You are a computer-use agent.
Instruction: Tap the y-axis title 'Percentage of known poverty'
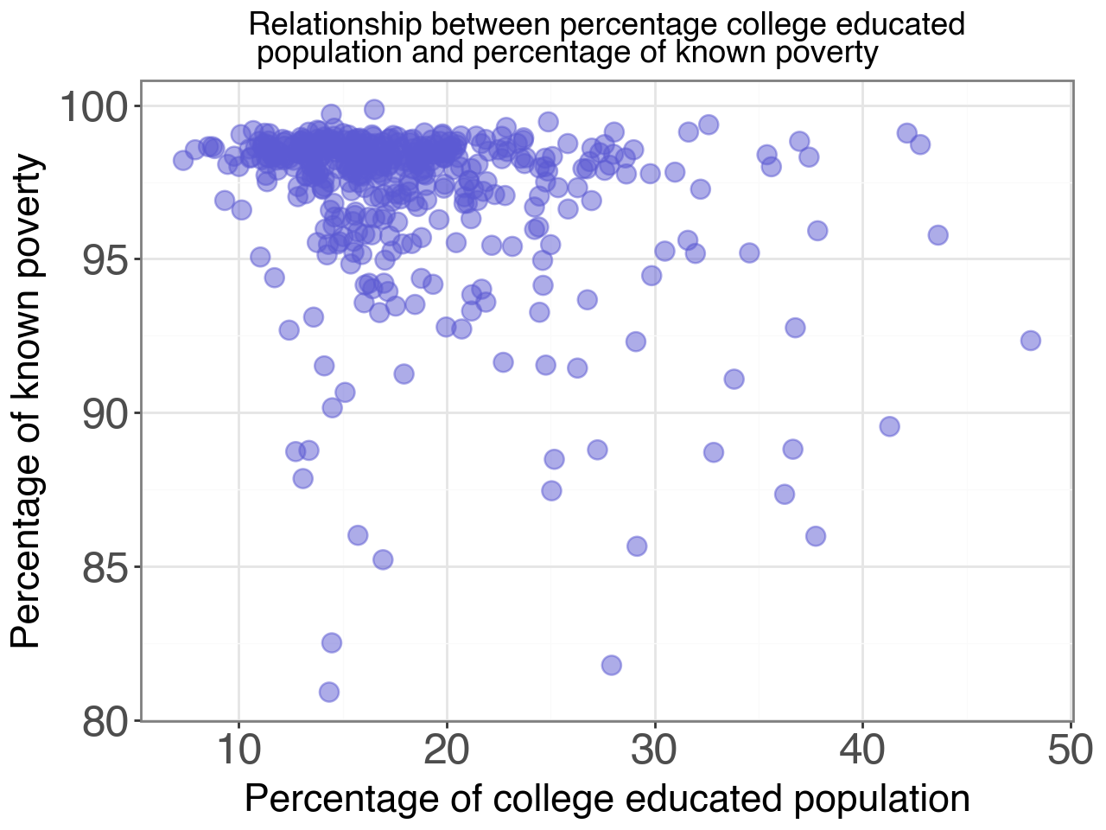click(x=28, y=400)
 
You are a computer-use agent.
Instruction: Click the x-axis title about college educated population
click(x=607, y=799)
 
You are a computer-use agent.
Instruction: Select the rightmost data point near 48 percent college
click(x=1030, y=341)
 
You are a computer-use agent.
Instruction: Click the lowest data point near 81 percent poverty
click(x=329, y=692)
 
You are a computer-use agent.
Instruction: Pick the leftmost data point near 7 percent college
click(x=183, y=160)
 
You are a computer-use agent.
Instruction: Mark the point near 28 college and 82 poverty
click(x=612, y=665)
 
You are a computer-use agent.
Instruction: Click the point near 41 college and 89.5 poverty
click(x=889, y=426)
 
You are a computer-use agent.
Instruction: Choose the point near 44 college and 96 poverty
click(x=938, y=235)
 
